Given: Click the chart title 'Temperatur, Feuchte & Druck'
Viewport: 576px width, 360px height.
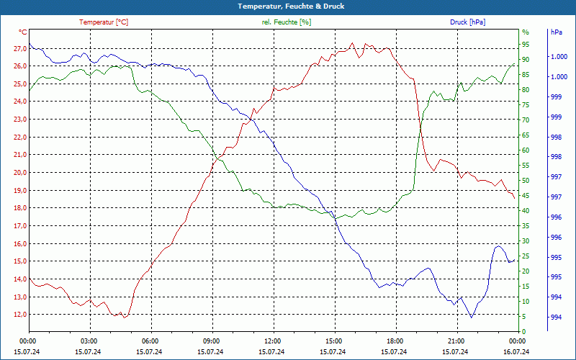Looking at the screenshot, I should pyautogui.click(x=288, y=6).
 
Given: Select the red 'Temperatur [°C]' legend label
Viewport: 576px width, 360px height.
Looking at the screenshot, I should pyautogui.click(x=104, y=22).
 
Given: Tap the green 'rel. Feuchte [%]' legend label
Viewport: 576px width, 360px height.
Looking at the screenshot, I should pyautogui.click(x=287, y=22).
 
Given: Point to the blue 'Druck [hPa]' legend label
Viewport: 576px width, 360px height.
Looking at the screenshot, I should pyautogui.click(x=467, y=22).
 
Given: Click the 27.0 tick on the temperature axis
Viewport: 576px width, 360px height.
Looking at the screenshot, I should pyautogui.click(x=20, y=48).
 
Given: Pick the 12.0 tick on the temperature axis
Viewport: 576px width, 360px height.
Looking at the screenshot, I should pyautogui.click(x=20, y=315).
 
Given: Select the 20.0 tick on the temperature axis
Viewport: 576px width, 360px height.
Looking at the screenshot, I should pyautogui.click(x=20, y=173).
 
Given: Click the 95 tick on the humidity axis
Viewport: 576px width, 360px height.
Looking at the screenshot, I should pyautogui.click(x=525, y=45).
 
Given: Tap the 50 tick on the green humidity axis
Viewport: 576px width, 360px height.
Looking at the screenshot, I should pyautogui.click(x=525, y=181).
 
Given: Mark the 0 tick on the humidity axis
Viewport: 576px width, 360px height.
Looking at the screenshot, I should pyautogui.click(x=523, y=332).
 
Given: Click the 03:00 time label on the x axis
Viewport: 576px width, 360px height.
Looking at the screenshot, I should pyautogui.click(x=89, y=341).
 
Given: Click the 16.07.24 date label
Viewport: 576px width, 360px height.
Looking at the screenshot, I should pyautogui.click(x=516, y=351).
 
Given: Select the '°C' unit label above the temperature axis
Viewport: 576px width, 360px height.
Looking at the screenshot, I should pyautogui.click(x=24, y=32).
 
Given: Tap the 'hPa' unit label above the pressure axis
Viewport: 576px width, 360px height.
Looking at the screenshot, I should pyautogui.click(x=556, y=32).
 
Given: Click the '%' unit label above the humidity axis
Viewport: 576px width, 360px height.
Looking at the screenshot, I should pyautogui.click(x=525, y=32).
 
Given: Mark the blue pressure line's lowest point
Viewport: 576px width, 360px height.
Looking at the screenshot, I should pyautogui.click(x=472, y=318).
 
